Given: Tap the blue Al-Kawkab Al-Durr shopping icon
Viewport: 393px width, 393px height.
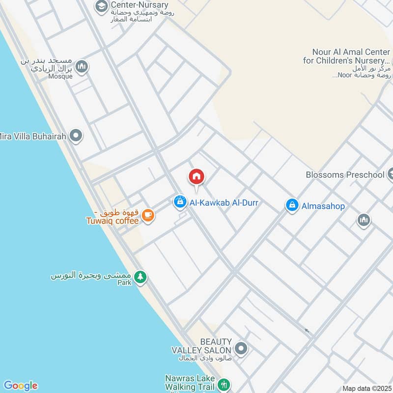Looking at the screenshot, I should coord(180,201).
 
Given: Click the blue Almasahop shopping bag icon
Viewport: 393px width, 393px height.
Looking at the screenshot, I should coord(292,206).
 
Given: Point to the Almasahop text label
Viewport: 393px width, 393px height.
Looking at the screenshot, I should coord(323,206).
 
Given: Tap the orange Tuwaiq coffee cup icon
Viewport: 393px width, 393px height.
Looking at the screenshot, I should coord(148,215).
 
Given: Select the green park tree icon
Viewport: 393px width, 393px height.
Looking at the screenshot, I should coord(140,278).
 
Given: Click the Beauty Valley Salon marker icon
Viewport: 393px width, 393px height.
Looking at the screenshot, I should coord(241,349).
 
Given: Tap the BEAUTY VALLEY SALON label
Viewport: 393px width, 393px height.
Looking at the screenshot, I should coord(201,346).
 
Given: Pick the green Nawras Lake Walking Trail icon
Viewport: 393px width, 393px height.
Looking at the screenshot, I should coord(224,384).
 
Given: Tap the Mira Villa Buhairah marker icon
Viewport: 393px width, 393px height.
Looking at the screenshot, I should coord(76,136).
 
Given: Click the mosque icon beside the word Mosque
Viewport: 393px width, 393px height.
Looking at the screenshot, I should coord(82,66).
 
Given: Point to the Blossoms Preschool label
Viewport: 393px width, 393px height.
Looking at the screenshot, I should coord(345,174).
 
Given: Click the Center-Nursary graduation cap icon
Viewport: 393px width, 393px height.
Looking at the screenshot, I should coord(102,6).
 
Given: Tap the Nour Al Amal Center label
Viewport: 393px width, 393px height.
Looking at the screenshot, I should coord(351,56).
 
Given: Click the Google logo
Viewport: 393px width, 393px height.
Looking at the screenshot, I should coord(20,385).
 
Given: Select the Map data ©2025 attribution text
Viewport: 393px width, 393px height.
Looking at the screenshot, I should coord(366,388).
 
